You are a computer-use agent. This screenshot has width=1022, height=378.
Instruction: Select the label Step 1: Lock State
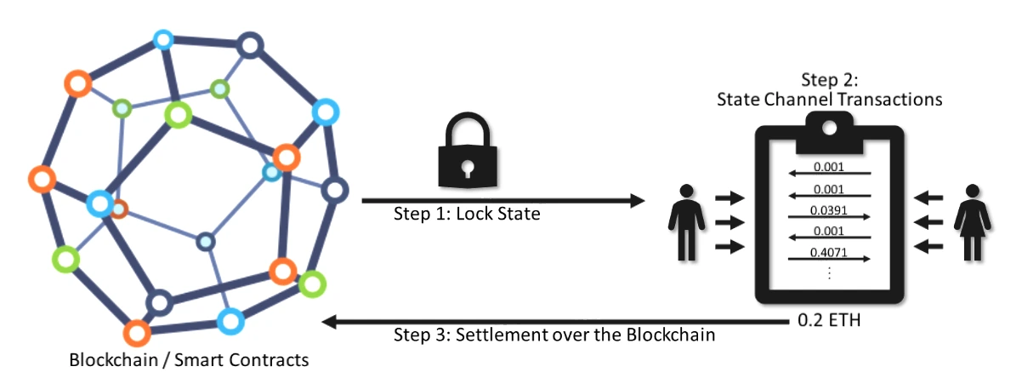tap(466, 213)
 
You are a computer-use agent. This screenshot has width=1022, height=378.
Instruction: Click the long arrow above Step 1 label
tap(502, 201)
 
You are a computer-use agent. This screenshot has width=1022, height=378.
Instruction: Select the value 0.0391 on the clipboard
tap(829, 210)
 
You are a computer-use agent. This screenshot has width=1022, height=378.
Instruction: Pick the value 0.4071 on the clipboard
tap(829, 252)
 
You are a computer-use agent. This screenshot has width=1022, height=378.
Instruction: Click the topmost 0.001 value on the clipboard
tap(829, 168)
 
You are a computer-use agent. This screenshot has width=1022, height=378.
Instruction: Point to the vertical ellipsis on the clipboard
tap(829, 273)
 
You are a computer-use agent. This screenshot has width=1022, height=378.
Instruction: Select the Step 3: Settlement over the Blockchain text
tap(554, 335)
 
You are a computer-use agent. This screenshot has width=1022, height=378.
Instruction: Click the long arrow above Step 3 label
tap(553, 322)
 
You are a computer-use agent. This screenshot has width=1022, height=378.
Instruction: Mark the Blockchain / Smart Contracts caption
tap(189, 359)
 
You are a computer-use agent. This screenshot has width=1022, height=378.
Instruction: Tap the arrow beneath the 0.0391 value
tap(828, 218)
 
